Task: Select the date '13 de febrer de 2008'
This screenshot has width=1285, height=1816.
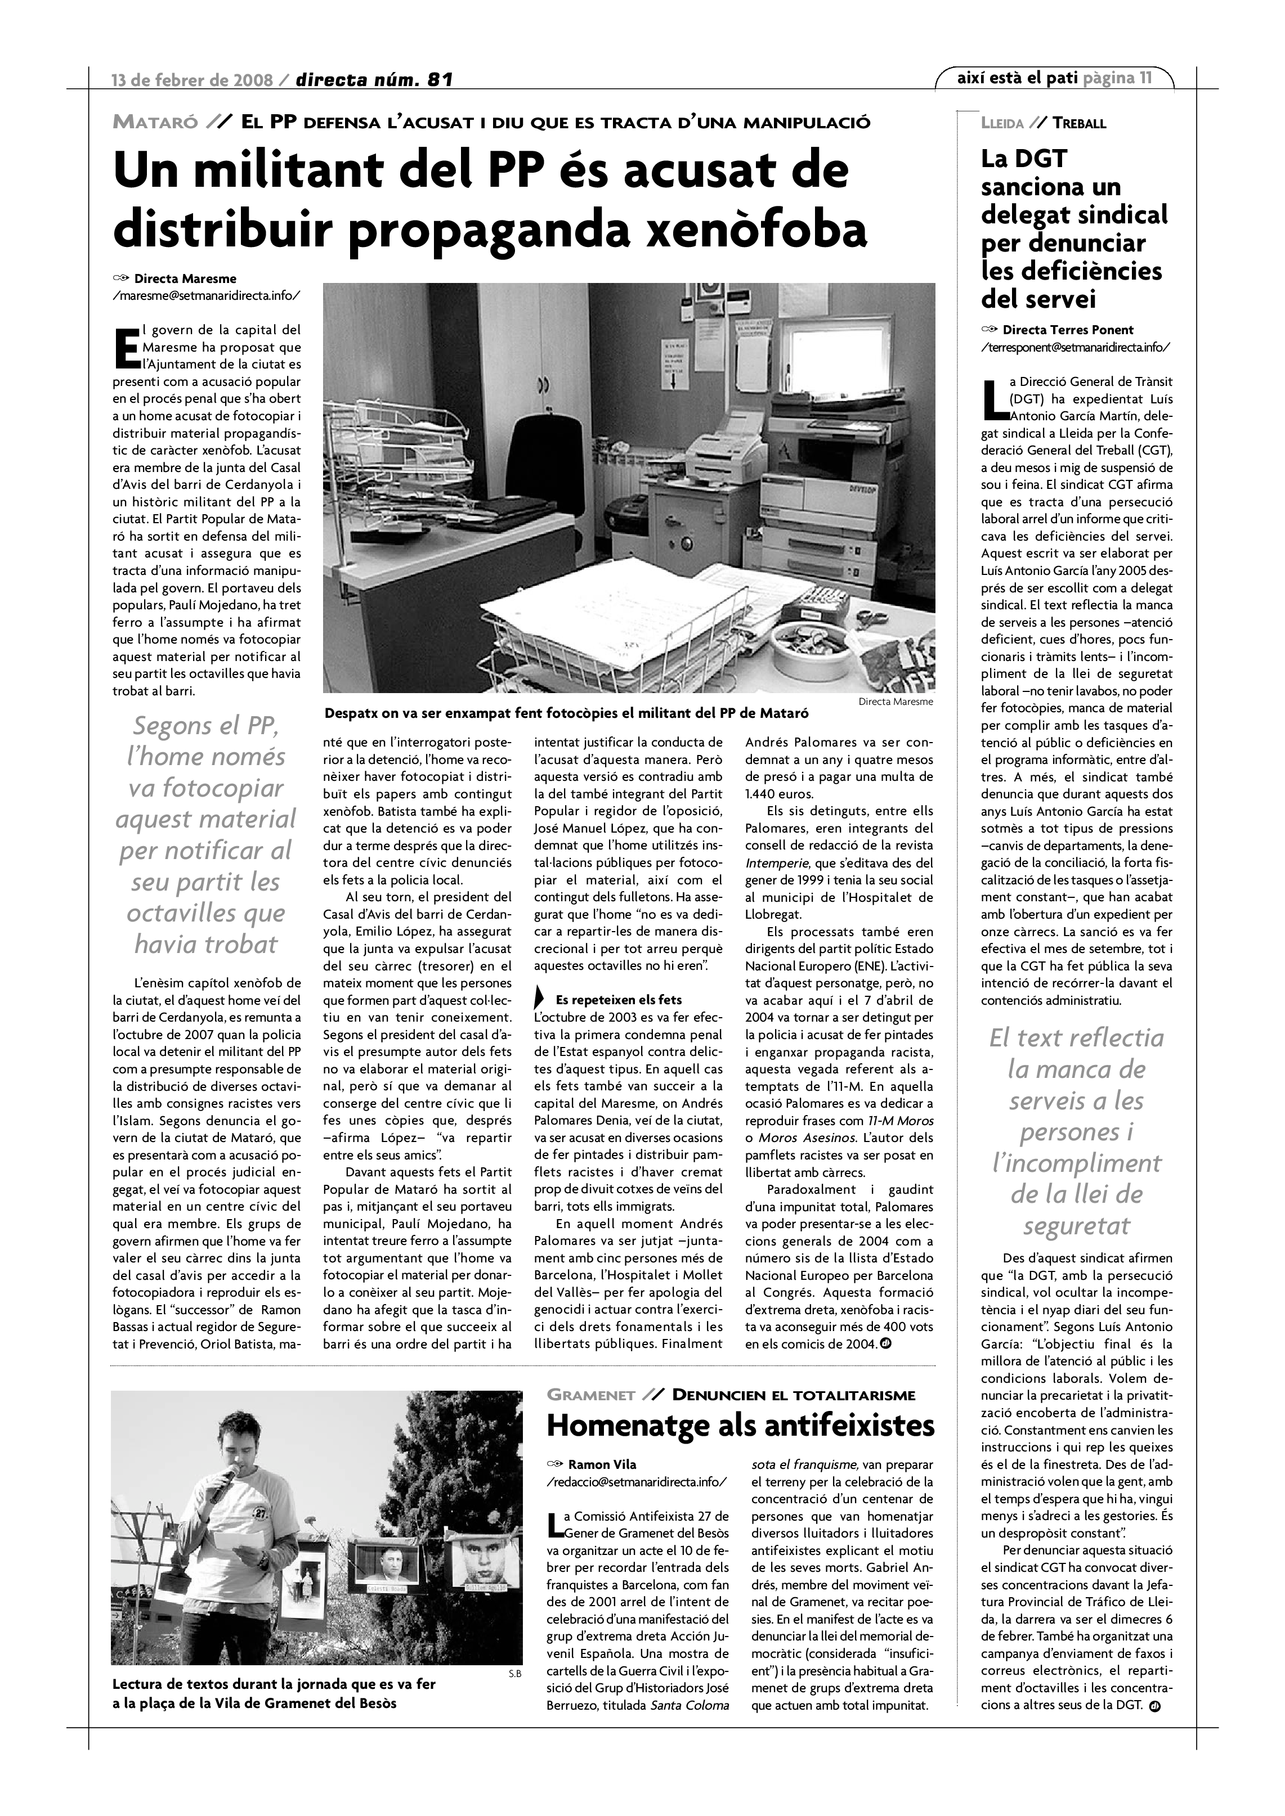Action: point(192,80)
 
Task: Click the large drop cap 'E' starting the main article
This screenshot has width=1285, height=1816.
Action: point(126,349)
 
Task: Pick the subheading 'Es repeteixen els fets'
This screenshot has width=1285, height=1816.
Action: point(618,999)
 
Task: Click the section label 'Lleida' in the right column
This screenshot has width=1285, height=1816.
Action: point(1001,123)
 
